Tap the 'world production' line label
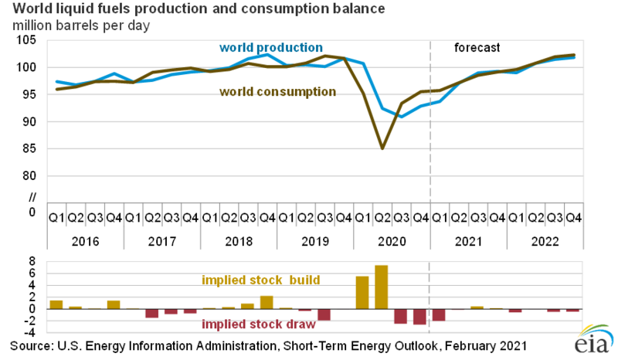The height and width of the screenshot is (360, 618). (x=271, y=48)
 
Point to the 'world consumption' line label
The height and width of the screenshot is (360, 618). (x=277, y=92)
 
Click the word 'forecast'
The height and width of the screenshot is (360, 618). (x=478, y=47)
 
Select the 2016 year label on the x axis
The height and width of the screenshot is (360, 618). (x=84, y=241)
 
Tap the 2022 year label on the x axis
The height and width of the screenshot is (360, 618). (x=543, y=241)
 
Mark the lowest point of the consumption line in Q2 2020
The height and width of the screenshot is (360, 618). (x=382, y=148)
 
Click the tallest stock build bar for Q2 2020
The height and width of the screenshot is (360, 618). (x=382, y=287)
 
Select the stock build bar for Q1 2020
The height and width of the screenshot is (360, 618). (x=362, y=292)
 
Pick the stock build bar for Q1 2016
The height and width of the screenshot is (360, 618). (x=56, y=304)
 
